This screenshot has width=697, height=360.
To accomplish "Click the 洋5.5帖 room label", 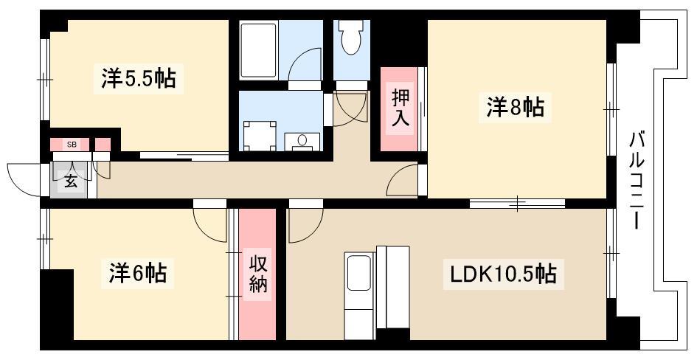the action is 138,78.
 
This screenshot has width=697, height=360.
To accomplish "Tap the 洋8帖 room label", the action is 516,107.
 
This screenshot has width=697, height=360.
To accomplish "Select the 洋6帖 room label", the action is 138,273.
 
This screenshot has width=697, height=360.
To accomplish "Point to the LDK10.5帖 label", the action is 503,274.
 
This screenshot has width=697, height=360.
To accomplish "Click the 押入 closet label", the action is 400,109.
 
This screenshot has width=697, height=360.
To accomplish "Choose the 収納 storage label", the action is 258,275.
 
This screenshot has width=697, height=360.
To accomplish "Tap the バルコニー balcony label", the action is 637,181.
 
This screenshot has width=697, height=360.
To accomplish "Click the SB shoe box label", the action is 71,145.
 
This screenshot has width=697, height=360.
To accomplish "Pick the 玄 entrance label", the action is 71,181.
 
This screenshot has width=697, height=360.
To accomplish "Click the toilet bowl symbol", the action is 351,37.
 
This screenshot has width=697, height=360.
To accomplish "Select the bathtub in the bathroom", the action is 259,49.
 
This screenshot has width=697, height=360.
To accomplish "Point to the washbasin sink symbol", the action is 302,142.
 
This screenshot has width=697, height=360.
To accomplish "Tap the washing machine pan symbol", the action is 260,136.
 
